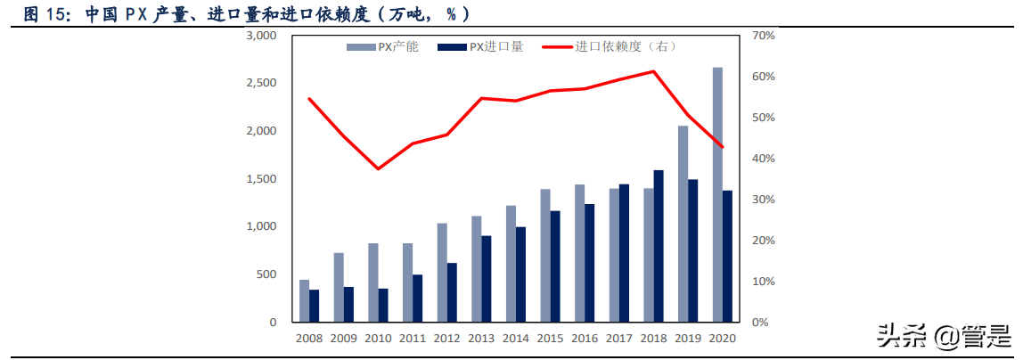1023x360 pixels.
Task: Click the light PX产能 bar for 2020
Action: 717,194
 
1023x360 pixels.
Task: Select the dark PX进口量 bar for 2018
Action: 659,246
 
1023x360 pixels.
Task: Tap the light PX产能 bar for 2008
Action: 304,301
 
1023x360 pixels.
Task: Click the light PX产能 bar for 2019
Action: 683,224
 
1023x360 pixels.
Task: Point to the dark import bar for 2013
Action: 487,279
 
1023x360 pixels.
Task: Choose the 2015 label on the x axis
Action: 550,339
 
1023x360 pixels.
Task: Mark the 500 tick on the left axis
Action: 268,274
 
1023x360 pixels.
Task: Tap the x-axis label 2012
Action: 446,339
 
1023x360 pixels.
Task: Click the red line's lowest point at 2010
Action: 378,168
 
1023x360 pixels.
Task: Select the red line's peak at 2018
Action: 653,71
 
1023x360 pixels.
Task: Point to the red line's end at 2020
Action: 723,147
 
